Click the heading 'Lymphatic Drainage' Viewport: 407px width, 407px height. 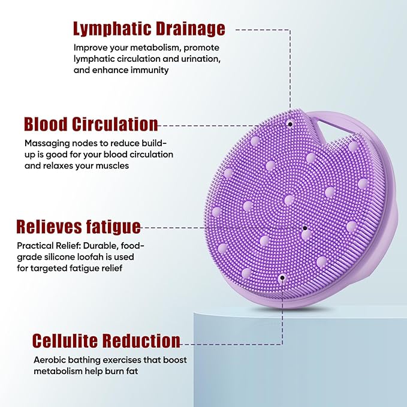[149, 28]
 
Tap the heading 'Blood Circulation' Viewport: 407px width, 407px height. [91, 124]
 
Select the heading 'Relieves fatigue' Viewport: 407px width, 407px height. [79, 227]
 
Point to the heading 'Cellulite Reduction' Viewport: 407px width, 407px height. [106, 340]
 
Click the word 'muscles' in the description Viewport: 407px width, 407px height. [111, 165]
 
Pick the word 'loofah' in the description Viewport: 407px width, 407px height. [98, 257]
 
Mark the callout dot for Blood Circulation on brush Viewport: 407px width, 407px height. [290, 124]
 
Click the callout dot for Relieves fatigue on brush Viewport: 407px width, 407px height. [305, 228]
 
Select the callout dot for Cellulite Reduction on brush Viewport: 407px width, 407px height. [282, 278]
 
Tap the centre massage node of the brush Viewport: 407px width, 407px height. [289, 199]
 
